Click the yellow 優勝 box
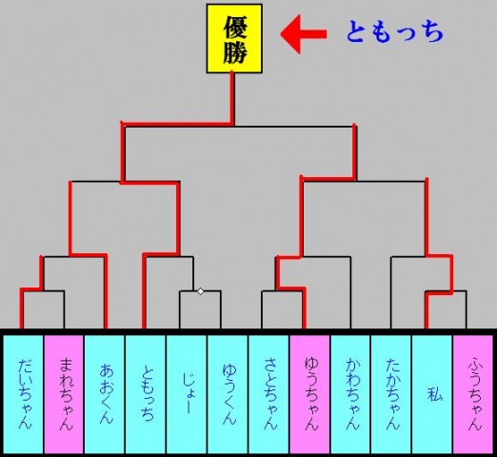click(x=234, y=38)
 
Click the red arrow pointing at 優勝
click(x=304, y=34)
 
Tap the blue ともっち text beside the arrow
click(x=394, y=31)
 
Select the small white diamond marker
click(x=201, y=291)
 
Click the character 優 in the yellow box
click(x=235, y=28)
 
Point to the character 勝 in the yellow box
click(x=235, y=52)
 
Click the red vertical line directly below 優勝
click(x=232, y=98)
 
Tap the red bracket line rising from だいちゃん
click(x=22, y=308)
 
